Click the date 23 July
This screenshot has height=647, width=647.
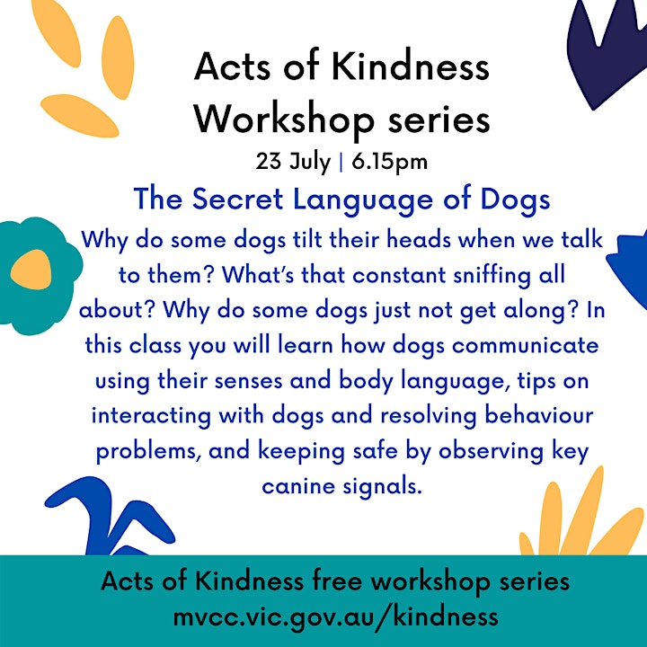click(x=293, y=162)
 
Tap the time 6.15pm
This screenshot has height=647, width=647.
click(x=389, y=162)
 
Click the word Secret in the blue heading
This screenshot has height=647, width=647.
click(x=237, y=199)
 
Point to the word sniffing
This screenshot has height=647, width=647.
click(x=492, y=276)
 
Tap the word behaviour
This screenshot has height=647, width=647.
click(x=539, y=415)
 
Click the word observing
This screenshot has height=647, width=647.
click(x=491, y=452)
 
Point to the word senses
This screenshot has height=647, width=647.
click(x=248, y=381)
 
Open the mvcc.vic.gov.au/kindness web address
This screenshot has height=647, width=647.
click(x=335, y=617)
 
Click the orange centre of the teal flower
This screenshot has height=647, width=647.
click(x=31, y=270)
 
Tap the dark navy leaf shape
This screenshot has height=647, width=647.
click(x=606, y=51)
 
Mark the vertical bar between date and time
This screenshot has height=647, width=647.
click(x=341, y=162)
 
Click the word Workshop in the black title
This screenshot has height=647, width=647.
click(x=284, y=119)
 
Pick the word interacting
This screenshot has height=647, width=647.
click(x=152, y=416)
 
